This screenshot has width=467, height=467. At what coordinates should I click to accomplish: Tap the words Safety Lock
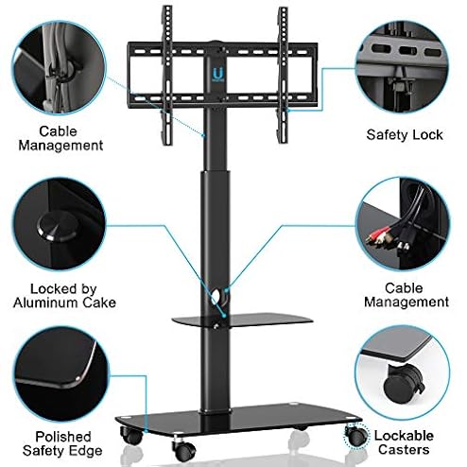click(x=405, y=135)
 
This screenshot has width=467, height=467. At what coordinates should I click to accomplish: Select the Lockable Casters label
click(x=404, y=442)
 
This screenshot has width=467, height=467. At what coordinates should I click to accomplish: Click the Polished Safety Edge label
click(x=62, y=443)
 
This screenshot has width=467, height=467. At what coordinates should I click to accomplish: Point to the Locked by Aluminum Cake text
click(x=64, y=296)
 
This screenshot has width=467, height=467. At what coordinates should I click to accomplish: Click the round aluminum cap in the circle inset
click(x=57, y=226)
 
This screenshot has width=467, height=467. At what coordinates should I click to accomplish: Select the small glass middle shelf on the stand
click(x=242, y=320)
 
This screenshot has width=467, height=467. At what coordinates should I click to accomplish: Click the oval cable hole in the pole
click(x=216, y=297)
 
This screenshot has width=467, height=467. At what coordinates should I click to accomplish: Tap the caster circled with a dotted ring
click(x=356, y=435)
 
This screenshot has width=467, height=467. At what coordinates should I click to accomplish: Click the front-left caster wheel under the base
click(x=131, y=435)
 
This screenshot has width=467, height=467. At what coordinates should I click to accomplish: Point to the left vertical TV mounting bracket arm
click(x=167, y=76)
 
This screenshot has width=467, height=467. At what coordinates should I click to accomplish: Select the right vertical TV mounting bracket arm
click(x=283, y=75)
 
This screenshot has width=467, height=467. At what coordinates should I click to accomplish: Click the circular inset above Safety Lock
click(x=402, y=67)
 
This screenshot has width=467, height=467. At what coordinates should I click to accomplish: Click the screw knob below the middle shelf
click(x=216, y=326)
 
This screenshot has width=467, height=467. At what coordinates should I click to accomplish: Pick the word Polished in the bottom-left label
click(x=63, y=437)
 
